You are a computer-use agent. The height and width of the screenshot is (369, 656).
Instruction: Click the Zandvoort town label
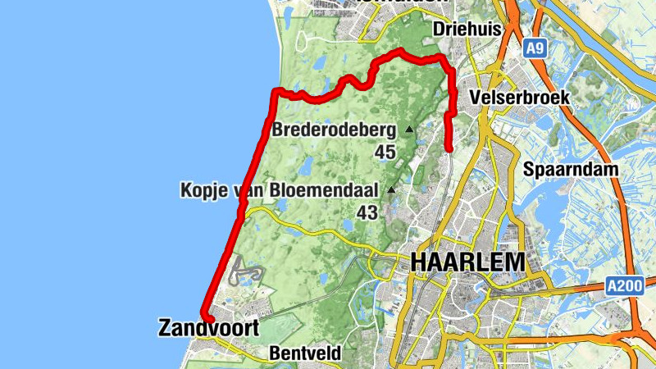(x=207, y=329)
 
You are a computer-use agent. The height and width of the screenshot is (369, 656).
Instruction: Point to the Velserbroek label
(x=520, y=98)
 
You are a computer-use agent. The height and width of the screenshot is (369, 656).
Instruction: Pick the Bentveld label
(x=303, y=354)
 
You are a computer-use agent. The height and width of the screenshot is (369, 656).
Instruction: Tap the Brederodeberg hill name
(x=333, y=129)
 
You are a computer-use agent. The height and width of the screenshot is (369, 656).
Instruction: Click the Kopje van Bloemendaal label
(x=279, y=190)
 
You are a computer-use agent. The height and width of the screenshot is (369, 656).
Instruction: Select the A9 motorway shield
(x=535, y=50)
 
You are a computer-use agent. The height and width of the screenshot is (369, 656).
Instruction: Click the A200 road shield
(x=623, y=285)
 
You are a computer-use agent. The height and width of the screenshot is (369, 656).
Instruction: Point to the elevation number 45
(x=385, y=152)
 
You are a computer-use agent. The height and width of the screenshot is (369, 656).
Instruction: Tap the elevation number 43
(x=367, y=212)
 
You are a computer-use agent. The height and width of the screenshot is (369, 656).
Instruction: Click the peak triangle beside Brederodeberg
(x=409, y=129)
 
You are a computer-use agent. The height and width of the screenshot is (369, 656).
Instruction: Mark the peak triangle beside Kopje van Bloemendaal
(x=391, y=190)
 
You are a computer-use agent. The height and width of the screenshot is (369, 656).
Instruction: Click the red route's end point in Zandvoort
(x=208, y=320)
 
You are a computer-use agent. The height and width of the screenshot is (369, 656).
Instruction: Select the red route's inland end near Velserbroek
(x=449, y=148)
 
